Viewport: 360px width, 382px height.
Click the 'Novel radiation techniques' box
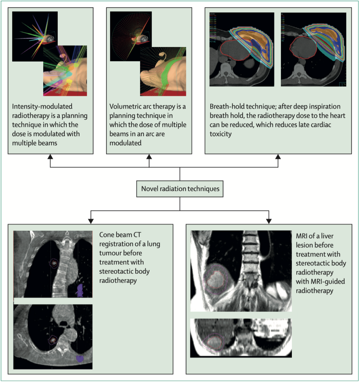pos(180,189)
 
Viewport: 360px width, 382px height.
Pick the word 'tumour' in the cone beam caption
pos(110,253)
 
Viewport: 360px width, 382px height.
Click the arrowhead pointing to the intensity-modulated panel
pos(50,157)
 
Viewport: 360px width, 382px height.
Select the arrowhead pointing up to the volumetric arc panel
pos(149,157)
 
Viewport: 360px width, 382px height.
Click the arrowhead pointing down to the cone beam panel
pos(90,220)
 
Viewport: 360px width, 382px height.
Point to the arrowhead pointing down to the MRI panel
pos(269,220)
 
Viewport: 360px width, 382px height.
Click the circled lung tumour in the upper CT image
pos(53,263)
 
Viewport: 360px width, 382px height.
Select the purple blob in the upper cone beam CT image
pos(80,291)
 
